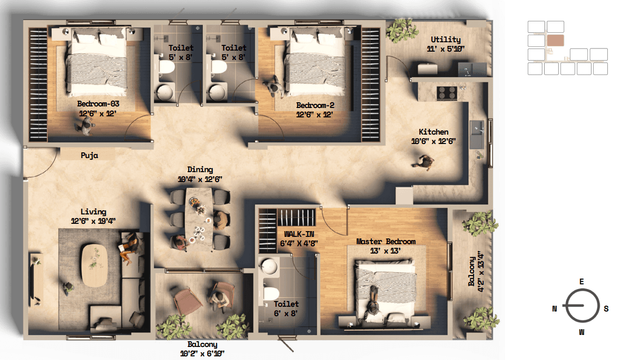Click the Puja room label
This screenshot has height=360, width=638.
[x=89, y=155]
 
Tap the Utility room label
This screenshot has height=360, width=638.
[x=446, y=39]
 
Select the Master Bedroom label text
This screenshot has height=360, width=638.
[x=386, y=242]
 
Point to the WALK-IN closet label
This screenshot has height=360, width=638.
[x=299, y=234]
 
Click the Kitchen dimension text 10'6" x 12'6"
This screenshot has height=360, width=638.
[x=433, y=141]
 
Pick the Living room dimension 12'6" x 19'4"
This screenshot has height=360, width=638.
[x=93, y=221]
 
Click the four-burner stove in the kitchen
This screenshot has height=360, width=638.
[x=447, y=93]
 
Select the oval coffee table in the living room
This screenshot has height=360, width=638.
[x=94, y=265]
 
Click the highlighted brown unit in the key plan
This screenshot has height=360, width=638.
[x=556, y=41]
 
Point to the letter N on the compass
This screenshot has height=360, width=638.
[x=555, y=309]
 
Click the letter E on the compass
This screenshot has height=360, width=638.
[x=582, y=282]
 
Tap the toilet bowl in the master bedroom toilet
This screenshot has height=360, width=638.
[x=271, y=293]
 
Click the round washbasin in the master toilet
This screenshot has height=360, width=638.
[x=269, y=266]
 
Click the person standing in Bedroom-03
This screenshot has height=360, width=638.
[x=85, y=126]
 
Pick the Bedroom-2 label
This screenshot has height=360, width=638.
[x=315, y=105]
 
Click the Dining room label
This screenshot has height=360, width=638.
[x=200, y=170]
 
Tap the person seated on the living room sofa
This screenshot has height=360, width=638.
[x=130, y=247]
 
